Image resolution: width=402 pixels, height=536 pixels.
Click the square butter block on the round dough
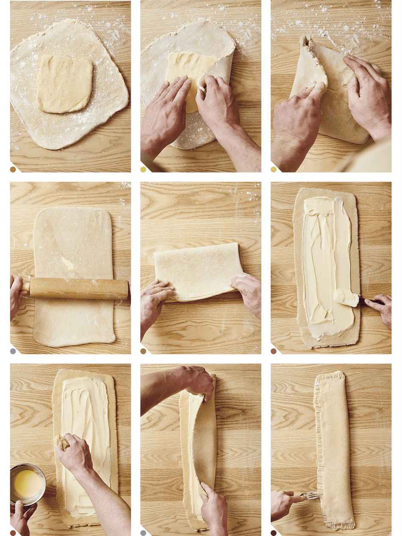[x=64, y=83]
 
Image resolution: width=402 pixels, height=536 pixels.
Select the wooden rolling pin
[x=78, y=288]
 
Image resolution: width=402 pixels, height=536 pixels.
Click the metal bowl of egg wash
[x=28, y=484]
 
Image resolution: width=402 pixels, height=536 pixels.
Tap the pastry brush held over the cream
[x=65, y=444]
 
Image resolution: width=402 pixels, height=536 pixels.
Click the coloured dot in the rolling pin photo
[x=13, y=351]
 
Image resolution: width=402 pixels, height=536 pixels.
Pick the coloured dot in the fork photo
[x=273, y=533]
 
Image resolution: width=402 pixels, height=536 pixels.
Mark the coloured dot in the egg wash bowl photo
[x=13, y=533]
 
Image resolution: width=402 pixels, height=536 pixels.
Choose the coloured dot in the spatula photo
[x=273, y=351]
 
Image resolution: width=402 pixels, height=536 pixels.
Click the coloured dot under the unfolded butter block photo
[x=13, y=169]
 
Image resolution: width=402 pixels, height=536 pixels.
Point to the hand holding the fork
[x=285, y=504]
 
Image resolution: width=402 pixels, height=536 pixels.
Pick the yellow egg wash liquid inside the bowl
[x=26, y=483]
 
